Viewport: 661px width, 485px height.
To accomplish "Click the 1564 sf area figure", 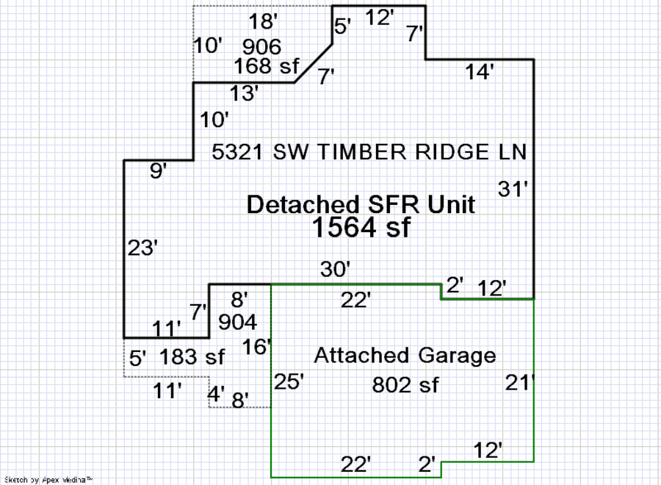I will [x=361, y=228].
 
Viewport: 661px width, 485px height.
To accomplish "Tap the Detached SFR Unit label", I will [x=361, y=204].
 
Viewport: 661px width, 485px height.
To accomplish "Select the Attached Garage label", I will [x=405, y=356].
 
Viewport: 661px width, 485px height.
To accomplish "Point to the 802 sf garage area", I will [x=405, y=384].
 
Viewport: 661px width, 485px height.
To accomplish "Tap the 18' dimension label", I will [x=262, y=22].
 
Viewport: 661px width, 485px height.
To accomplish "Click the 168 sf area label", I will [x=266, y=66].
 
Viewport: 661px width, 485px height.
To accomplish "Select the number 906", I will [x=262, y=47].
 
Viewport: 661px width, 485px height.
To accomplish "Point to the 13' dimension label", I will [x=244, y=93].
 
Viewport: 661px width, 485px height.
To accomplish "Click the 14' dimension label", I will [x=480, y=72].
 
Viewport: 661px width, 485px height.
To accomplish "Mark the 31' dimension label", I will [x=513, y=189].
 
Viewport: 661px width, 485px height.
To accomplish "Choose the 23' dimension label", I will [x=142, y=248].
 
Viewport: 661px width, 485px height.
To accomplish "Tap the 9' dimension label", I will [x=158, y=171].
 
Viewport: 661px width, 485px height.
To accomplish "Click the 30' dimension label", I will [x=335, y=270].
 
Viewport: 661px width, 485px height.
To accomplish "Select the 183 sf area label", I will [x=192, y=358].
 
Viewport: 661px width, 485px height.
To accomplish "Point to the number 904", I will [x=238, y=322].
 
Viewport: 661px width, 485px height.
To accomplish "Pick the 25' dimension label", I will [x=289, y=382].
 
